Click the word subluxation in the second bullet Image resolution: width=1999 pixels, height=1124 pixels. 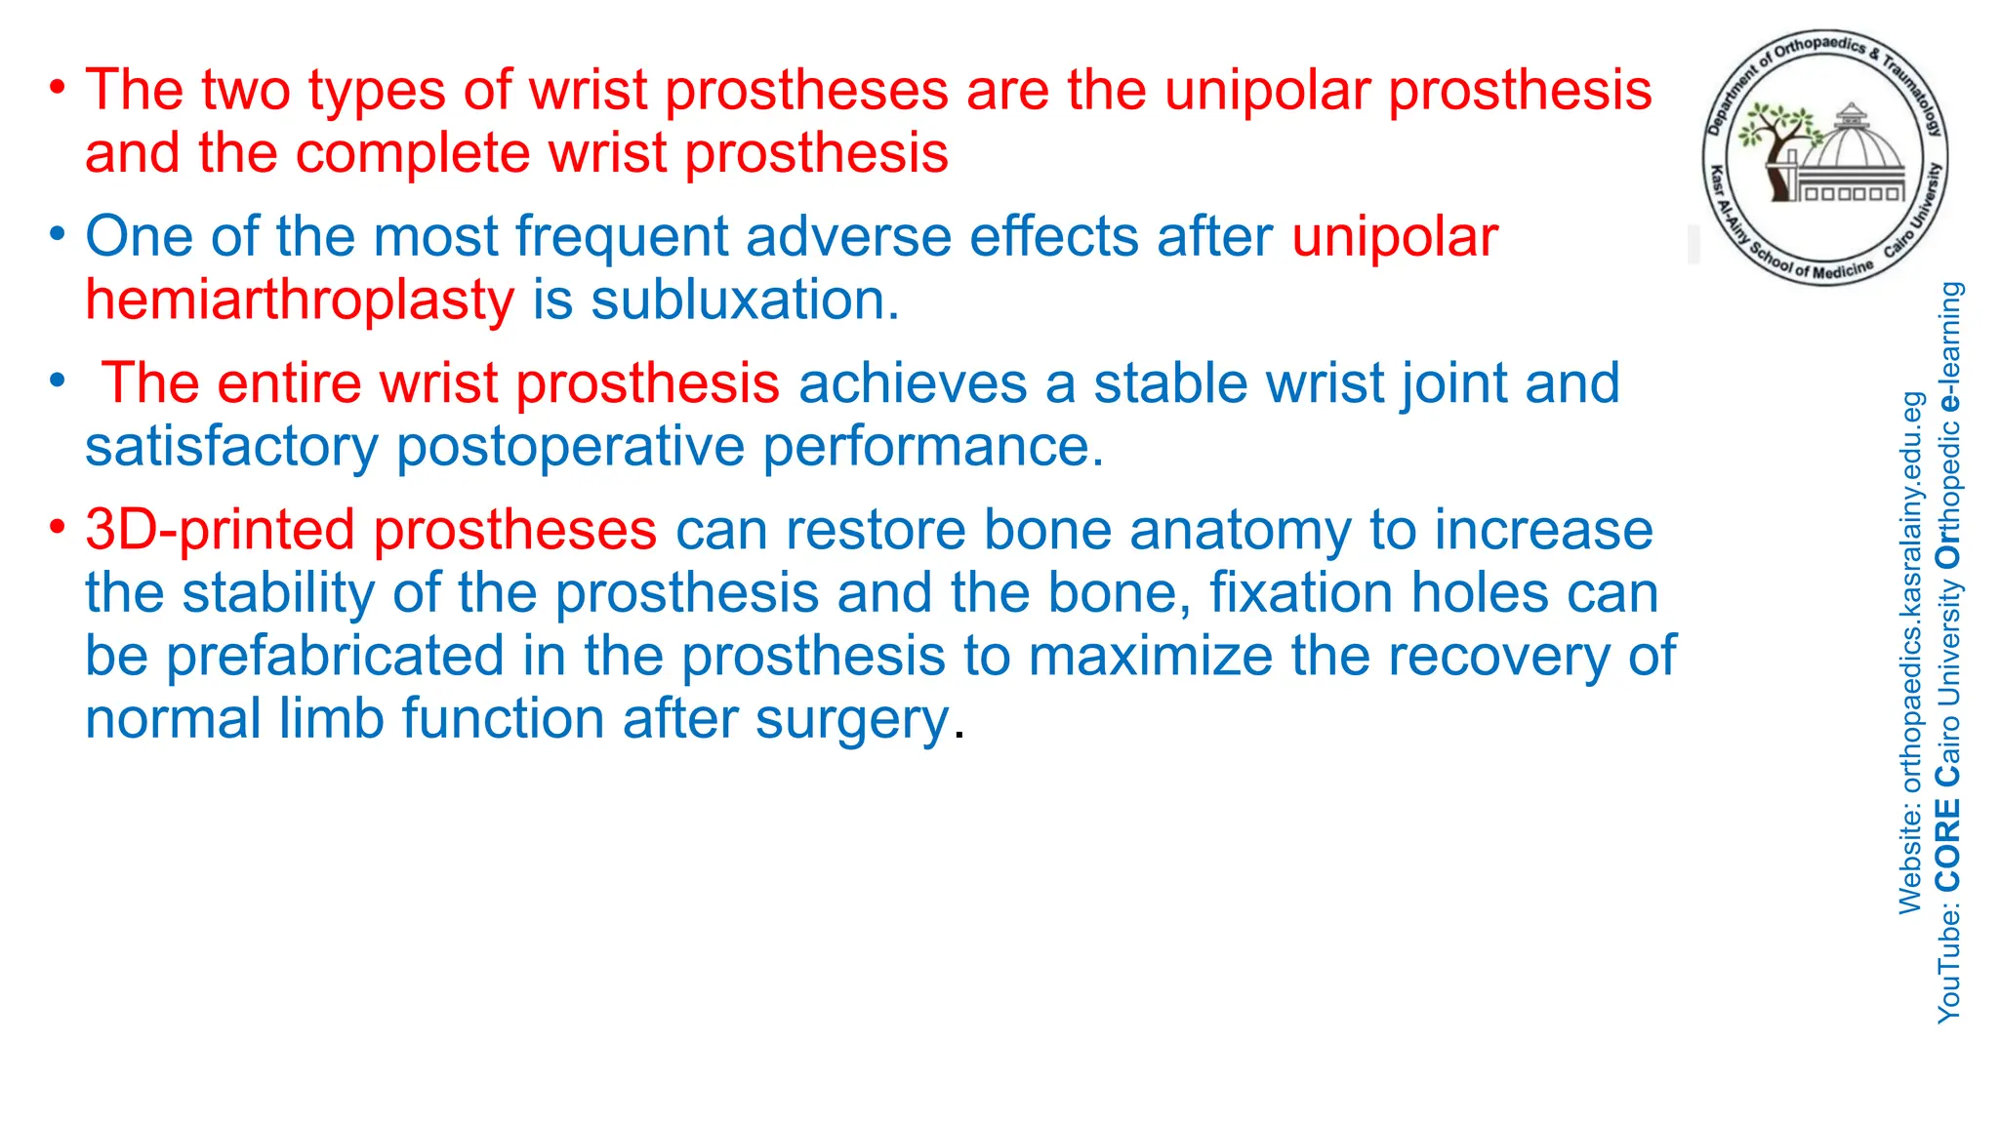point(744,300)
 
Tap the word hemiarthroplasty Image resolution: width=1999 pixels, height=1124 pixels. point(299,300)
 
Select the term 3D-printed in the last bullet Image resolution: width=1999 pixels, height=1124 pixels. point(220,530)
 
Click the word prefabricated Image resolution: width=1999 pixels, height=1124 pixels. point(334,656)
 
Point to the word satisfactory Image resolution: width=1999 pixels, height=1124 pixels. point(231,447)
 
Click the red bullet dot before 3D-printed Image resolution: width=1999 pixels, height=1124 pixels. point(59,528)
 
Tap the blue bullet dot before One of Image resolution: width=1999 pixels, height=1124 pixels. point(59,234)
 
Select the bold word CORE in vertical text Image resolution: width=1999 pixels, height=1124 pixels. point(1948,845)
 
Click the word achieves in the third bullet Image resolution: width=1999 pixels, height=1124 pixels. point(912,383)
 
